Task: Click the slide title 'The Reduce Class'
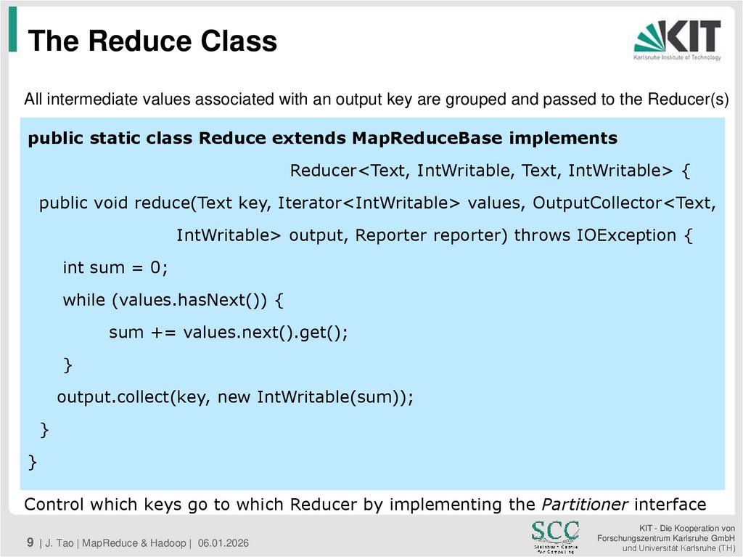pyautogui.click(x=152, y=41)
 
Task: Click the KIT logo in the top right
pyautogui.click(x=677, y=40)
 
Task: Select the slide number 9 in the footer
pyautogui.click(x=30, y=542)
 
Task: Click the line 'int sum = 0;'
pyautogui.click(x=115, y=267)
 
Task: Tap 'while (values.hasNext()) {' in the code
pyautogui.click(x=175, y=299)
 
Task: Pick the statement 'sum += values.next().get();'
pyautogui.click(x=229, y=332)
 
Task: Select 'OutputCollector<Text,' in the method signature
pyautogui.click(x=624, y=203)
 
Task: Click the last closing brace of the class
pyautogui.click(x=33, y=462)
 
